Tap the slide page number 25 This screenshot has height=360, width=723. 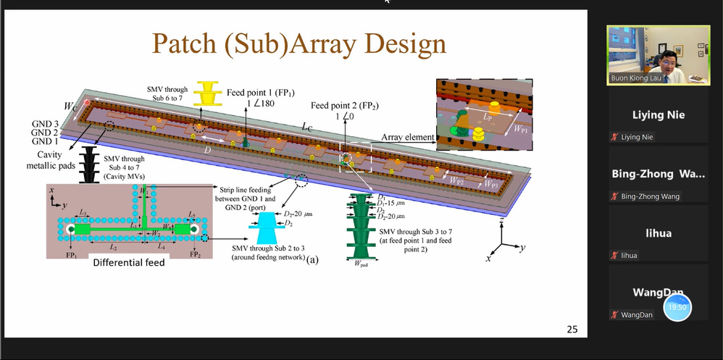[x=572, y=330]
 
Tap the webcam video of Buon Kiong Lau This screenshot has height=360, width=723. [x=658, y=56]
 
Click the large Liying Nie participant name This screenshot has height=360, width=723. [x=658, y=114]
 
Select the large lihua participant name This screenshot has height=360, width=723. [x=657, y=233]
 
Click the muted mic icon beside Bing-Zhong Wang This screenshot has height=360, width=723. [x=614, y=196]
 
